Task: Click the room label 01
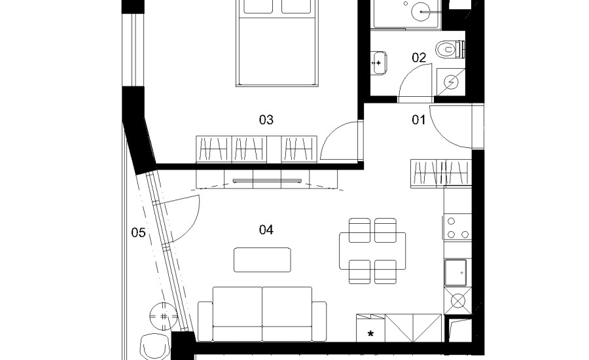pyautogui.click(x=418, y=120)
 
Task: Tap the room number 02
pyautogui.click(x=419, y=58)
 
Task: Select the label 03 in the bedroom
pyautogui.click(x=266, y=120)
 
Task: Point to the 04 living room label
pyautogui.click(x=266, y=230)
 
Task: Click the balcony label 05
pyautogui.click(x=138, y=232)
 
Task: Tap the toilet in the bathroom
pyautogui.click(x=450, y=49)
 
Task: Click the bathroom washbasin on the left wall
pyautogui.click(x=379, y=63)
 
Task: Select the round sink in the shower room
pyautogui.click(x=421, y=12)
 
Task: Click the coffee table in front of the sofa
pyautogui.click(x=262, y=260)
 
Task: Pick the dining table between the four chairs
pyautogui.click(x=372, y=251)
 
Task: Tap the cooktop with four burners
pyautogui.click(x=458, y=227)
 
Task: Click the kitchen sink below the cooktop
pyautogui.click(x=455, y=272)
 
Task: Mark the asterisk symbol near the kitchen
pyautogui.click(x=371, y=333)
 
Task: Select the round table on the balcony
pyautogui.click(x=164, y=316)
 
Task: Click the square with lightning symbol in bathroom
pyautogui.click(x=451, y=82)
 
